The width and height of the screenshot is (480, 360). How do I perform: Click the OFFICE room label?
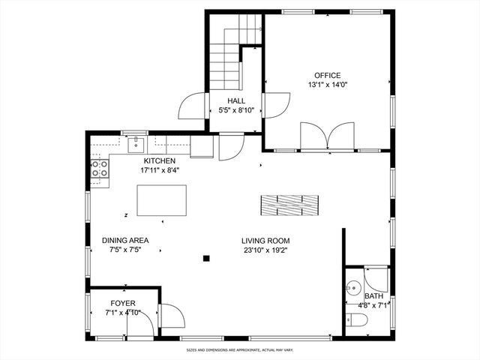click(x=327, y=75)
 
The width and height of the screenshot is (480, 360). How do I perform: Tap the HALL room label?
click(x=236, y=100)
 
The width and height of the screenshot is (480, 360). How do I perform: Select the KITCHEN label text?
click(x=160, y=160)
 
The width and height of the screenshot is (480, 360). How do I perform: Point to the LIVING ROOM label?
click(x=265, y=241)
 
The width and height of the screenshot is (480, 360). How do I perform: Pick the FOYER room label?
click(x=123, y=303)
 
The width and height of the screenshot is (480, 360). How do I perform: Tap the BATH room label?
click(x=373, y=296)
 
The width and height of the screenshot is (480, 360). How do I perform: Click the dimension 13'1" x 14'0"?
click(x=327, y=85)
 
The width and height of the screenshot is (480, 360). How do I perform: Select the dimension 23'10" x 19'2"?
click(x=265, y=250)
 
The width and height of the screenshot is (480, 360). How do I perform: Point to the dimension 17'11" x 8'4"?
click(x=160, y=170)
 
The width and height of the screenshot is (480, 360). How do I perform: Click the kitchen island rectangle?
click(x=161, y=199)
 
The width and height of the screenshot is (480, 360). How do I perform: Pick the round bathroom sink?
click(x=353, y=288)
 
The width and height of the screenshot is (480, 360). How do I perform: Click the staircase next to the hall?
click(x=223, y=64)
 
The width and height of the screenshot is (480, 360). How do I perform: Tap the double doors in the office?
click(x=327, y=137)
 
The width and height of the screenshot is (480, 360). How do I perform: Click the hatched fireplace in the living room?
click(x=289, y=204)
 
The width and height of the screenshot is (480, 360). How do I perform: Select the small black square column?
click(x=206, y=259)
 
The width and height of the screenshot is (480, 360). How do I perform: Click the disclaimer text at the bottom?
click(x=240, y=349)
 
